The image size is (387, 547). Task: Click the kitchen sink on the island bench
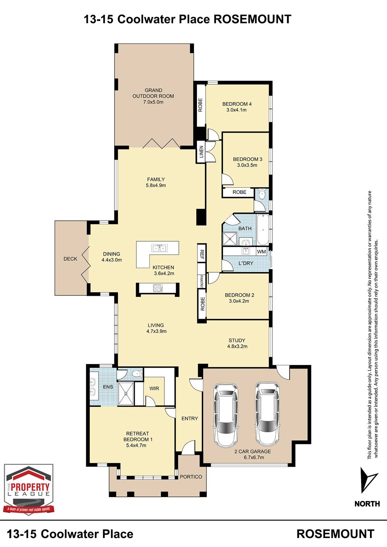tap(159, 248)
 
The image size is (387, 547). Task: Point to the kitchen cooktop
tap(158, 288)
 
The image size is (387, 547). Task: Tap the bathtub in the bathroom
tap(263, 230)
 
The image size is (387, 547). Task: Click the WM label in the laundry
tap(261, 252)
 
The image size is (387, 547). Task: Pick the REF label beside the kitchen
tap(202, 254)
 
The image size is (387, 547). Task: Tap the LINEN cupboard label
tap(201, 152)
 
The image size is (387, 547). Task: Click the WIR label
tap(154, 388)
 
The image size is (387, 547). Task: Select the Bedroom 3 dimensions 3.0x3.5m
tap(247, 165)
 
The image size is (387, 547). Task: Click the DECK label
tap(70, 259)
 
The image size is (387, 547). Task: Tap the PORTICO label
tap(191, 477)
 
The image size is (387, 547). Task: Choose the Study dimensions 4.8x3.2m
tap(237, 346)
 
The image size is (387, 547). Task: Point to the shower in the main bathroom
tap(230, 239)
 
